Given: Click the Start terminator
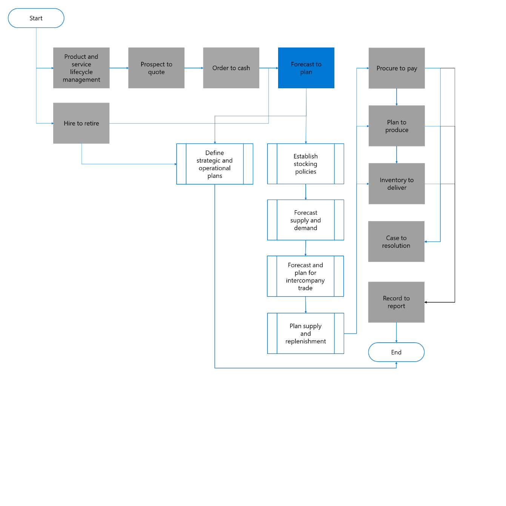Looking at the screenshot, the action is tap(36, 18).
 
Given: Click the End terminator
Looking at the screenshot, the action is tap(396, 352).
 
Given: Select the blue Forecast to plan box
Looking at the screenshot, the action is tap(306, 68).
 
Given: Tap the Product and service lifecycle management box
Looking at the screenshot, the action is tap(81, 68).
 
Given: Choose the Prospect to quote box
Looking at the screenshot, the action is tap(156, 68).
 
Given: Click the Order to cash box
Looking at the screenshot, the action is tap(231, 68).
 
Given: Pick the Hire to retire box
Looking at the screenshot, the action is tap(81, 123).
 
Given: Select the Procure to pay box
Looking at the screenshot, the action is tap(397, 68).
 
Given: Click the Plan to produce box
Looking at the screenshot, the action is tap(397, 126).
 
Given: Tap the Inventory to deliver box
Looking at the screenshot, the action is tap(397, 183).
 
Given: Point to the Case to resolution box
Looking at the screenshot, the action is tap(396, 241).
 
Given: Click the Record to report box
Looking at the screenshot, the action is tap(396, 302).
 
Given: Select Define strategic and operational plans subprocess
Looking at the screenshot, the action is tap(215, 164).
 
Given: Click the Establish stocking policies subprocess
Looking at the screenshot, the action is tap(305, 164).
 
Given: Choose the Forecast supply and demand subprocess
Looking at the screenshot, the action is tap(305, 220).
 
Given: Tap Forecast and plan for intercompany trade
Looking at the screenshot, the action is tap(305, 276).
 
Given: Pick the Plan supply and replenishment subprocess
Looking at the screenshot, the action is tap(305, 333).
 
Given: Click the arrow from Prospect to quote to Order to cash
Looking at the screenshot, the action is tap(194, 68).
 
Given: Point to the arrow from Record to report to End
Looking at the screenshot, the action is tap(396, 332).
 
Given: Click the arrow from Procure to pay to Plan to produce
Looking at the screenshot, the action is tap(397, 97).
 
